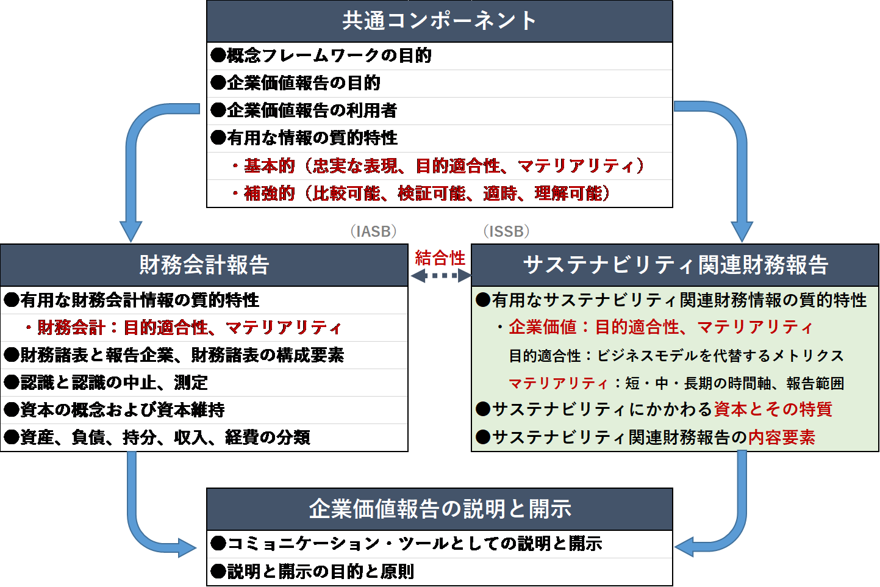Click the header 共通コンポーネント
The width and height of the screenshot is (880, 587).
tap(439, 21)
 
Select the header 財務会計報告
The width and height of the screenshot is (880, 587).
tap(204, 265)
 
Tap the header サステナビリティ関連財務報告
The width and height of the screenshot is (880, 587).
tap(675, 265)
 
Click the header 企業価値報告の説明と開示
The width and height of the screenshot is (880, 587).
tap(440, 509)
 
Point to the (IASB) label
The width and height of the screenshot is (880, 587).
tap(374, 231)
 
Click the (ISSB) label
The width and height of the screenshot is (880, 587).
tap(506, 231)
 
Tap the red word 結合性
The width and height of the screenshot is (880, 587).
tap(440, 258)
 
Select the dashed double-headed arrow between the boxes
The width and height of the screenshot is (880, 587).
tap(440, 276)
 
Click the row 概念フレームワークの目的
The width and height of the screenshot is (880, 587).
tap(321, 56)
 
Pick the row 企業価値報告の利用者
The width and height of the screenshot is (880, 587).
tap(304, 110)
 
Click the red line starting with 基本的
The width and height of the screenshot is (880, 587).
tap(438, 166)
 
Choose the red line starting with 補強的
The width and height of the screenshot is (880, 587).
tap(421, 193)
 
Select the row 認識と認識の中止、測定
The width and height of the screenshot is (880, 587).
tap(106, 383)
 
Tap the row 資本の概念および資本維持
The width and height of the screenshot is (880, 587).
tap(114, 410)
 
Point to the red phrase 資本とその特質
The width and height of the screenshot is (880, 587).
tap(773, 409)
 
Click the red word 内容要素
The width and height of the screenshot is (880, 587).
tap(781, 438)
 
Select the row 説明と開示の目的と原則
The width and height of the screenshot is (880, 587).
tap(312, 572)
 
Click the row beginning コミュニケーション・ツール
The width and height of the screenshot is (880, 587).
tap(406, 544)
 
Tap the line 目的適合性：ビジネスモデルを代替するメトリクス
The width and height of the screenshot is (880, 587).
tap(676, 356)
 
